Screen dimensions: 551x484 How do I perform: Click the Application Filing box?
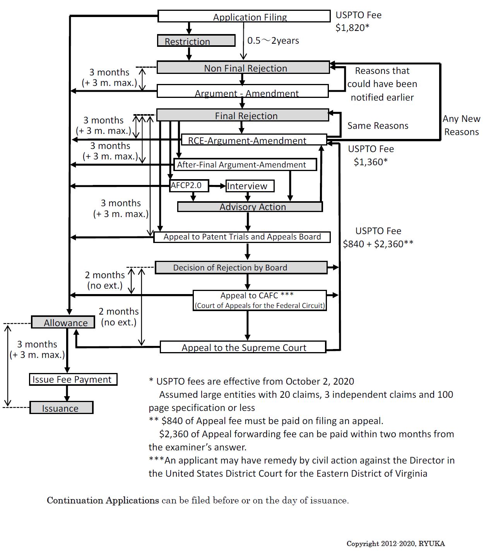point(244,17)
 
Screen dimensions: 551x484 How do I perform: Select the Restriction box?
point(196,41)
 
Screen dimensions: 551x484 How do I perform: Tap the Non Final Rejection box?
point(243,68)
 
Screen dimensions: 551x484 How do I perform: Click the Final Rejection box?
point(243,115)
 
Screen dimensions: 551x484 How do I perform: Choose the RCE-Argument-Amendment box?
point(254,140)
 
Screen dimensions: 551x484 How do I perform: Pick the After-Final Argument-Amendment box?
point(245,165)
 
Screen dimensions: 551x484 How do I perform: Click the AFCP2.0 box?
point(189,186)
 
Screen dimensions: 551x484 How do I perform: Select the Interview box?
point(250,186)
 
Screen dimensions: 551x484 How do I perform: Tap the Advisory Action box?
point(250,207)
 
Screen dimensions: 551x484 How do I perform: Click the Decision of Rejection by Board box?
point(241,268)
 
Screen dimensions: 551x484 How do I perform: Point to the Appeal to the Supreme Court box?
point(243,347)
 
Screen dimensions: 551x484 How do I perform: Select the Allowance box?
point(63,322)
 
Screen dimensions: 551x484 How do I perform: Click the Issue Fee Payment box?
point(73,380)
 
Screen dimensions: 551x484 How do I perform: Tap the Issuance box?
point(61,408)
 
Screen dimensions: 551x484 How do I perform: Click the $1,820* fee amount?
point(352,28)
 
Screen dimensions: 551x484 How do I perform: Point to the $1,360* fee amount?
point(370,162)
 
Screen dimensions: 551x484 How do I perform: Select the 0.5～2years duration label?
point(273,41)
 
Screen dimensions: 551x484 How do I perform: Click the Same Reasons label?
point(378,126)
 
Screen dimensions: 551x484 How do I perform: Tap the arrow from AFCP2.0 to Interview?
point(217,186)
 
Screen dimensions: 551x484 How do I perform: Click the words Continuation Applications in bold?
point(103,500)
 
